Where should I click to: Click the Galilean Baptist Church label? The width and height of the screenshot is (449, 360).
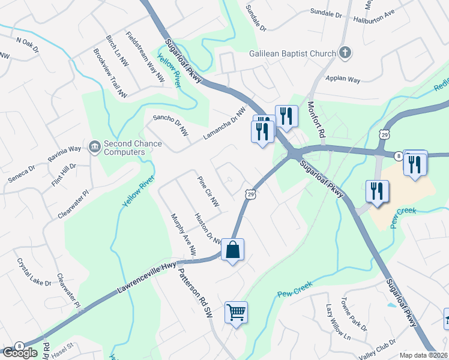coord(292,53)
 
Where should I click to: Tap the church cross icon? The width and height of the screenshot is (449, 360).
coord(345,53)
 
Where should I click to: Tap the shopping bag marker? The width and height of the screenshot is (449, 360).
coord(233,250)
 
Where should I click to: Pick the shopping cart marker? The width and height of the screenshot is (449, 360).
coord(236,311)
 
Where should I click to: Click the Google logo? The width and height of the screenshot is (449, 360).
coord(20,353)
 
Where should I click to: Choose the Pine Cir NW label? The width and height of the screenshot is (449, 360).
coord(209,189)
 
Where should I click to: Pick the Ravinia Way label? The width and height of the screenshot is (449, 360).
coord(65,158)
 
